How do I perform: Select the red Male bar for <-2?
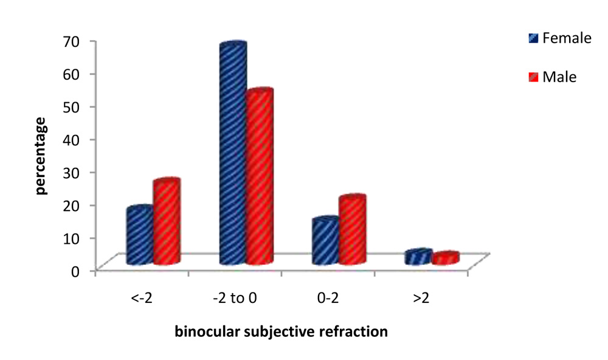(167, 223)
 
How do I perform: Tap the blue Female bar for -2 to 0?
(232, 155)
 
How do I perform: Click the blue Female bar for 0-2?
(325, 241)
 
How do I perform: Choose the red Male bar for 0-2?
(352, 230)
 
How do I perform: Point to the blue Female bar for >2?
(418, 257)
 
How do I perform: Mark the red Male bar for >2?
(445, 258)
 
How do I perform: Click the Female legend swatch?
(533, 39)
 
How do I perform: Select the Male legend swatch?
(533, 77)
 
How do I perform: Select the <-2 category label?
(142, 299)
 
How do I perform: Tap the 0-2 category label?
(328, 299)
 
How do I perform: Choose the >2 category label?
(421, 299)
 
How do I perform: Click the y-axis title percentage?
(41, 155)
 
